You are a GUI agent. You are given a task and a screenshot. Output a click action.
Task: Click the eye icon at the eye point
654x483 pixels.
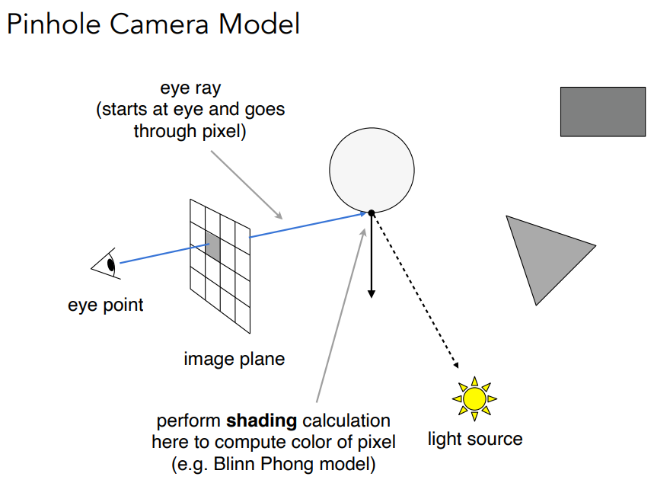pos(106,264)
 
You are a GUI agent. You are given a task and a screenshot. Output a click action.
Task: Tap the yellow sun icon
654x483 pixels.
pos(474,398)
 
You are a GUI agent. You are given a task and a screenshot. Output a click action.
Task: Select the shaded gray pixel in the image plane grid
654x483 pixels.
pos(212,247)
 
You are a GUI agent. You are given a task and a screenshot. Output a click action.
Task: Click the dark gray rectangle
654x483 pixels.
pos(603,112)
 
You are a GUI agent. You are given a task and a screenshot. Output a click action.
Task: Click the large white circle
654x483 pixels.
pos(372,170)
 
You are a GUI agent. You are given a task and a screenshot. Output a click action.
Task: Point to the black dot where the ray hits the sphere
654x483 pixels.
pos(372,213)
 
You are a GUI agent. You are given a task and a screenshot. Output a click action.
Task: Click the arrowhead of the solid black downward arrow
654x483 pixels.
pos(372,294)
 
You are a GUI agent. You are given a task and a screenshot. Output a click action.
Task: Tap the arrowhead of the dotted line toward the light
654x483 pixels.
pos(456,365)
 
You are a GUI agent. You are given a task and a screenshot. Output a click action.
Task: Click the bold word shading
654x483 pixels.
pos(261,421)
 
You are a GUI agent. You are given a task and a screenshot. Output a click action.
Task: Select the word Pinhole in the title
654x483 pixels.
pos(54,24)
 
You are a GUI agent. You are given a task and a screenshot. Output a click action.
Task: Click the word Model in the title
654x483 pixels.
pos(259,24)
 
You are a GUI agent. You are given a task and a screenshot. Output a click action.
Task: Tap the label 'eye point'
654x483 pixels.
pos(106,305)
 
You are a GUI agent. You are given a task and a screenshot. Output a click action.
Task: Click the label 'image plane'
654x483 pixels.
pos(234,359)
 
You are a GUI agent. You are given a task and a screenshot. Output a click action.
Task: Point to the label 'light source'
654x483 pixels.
pos(475,439)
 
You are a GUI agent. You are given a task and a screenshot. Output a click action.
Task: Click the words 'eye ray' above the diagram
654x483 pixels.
pos(190,88)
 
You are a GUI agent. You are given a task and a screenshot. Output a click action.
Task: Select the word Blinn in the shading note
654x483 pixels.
pos(231,464)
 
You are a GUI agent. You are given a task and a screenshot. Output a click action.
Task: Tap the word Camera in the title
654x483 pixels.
pos(159,24)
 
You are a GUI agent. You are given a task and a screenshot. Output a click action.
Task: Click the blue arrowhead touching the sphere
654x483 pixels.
pos(362,215)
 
